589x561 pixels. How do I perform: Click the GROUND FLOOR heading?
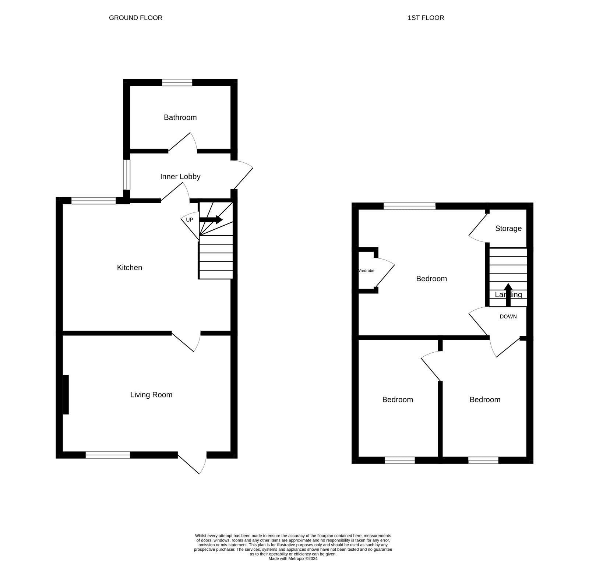135,18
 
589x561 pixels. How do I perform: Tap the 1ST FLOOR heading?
426,18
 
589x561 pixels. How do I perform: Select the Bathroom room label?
180,117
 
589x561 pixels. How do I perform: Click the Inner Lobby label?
180,177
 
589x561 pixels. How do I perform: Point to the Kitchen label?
129,268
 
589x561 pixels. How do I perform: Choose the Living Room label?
151,395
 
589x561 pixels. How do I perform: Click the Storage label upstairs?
508,229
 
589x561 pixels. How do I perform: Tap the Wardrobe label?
366,271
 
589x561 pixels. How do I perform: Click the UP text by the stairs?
189,220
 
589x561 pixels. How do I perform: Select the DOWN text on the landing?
508,317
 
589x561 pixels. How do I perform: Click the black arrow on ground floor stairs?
211,220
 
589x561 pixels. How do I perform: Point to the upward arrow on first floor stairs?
508,294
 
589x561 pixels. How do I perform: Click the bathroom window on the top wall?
177,83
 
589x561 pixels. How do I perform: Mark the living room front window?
107,455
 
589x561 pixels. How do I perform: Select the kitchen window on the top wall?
94,201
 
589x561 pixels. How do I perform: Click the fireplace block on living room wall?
66,395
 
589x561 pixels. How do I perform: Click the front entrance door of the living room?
193,463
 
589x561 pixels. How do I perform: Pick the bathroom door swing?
183,143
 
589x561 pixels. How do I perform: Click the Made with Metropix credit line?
293,558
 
